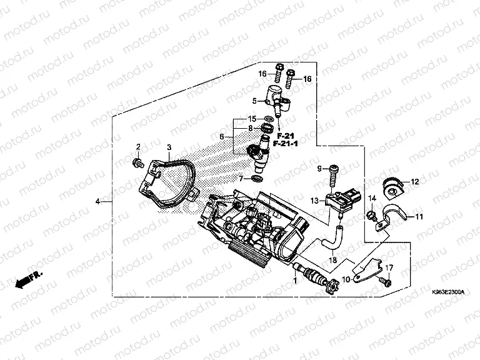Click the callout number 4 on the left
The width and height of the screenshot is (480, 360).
(97, 201)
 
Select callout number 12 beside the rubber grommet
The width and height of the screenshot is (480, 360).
(414, 181)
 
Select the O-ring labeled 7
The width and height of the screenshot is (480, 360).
(256, 179)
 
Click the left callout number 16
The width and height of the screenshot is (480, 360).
(263, 73)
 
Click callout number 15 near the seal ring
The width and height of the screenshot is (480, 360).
(252, 119)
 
